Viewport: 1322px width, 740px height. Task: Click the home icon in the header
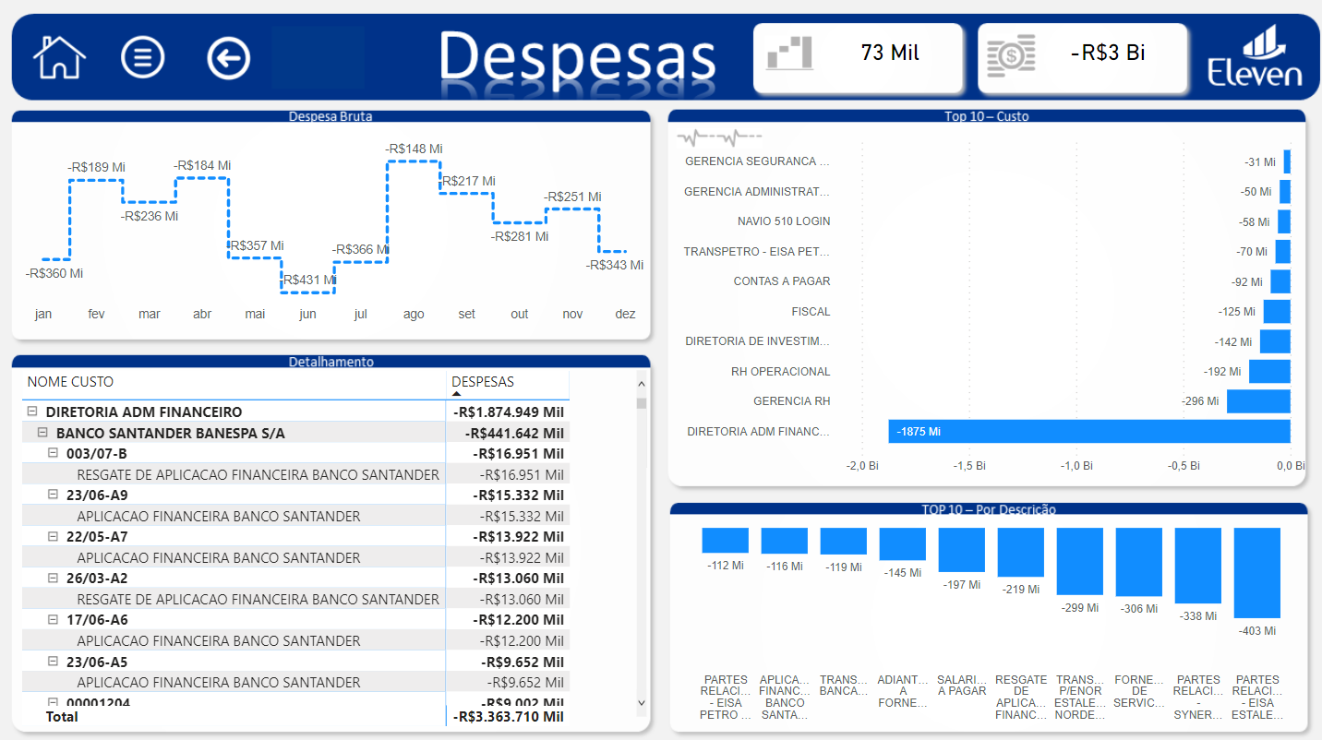pyautogui.click(x=59, y=57)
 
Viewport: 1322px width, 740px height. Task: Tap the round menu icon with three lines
pyautogui.click(x=143, y=57)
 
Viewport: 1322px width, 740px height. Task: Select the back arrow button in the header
pyautogui.click(x=228, y=58)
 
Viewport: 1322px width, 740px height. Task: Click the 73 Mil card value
pyautogui.click(x=890, y=54)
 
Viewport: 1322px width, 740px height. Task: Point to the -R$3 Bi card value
pyautogui.click(x=1108, y=54)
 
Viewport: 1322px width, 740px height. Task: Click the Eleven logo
pyautogui.click(x=1255, y=57)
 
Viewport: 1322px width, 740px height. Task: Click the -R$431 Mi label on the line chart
pyautogui.click(x=308, y=280)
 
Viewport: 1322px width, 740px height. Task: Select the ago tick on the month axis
pyautogui.click(x=414, y=315)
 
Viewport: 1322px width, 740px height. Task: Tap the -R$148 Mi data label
pyautogui.click(x=414, y=149)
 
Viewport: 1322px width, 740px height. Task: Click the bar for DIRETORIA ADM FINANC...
pyautogui.click(x=1088, y=432)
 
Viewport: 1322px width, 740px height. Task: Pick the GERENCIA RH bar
pyautogui.click(x=1257, y=401)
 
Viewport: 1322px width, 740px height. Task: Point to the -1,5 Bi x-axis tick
pyautogui.click(x=968, y=466)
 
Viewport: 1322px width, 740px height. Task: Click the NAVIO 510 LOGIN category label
pyautogui.click(x=783, y=221)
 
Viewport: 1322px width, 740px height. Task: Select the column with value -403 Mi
pyautogui.click(x=1256, y=572)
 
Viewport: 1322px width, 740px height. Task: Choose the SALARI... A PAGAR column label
pyautogui.click(x=962, y=686)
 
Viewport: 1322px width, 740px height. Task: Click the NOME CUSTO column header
pyautogui.click(x=71, y=382)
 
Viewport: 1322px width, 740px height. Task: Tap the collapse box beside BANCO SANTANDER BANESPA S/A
pyautogui.click(x=42, y=433)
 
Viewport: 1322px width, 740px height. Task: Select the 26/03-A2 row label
pyautogui.click(x=97, y=579)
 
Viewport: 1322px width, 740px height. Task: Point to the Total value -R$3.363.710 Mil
pyautogui.click(x=509, y=717)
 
